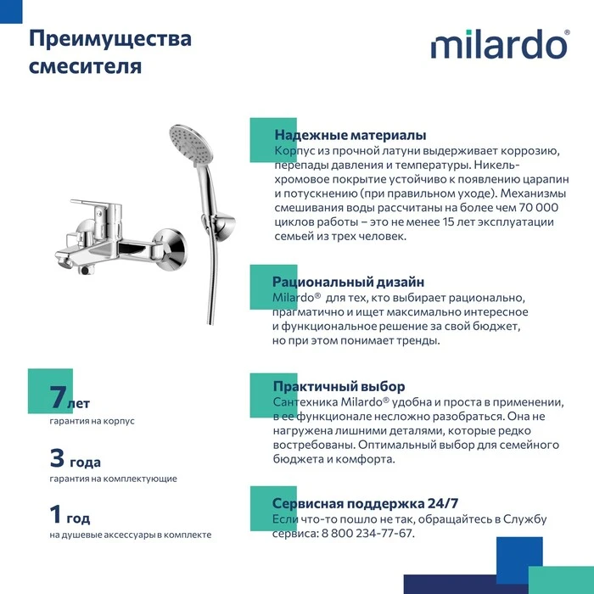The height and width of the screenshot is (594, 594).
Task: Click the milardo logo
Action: coord(500,44)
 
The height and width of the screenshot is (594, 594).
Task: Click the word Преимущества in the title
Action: coord(110,39)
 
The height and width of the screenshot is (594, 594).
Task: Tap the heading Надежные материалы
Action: coord(350,135)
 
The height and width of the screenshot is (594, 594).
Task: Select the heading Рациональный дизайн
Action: coord(348,282)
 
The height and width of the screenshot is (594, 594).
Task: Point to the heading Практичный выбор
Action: coord(339,386)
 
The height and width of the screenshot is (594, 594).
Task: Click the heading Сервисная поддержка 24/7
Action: coord(365,503)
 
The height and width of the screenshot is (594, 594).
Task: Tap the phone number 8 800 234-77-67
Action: coord(367,533)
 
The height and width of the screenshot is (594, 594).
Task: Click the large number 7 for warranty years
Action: coord(58,396)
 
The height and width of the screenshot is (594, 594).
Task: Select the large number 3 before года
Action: coord(57,457)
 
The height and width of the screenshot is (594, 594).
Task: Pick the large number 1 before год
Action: coord(55,513)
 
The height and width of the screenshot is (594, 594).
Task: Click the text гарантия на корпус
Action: coord(92,421)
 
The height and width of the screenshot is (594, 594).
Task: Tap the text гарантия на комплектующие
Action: coord(113,479)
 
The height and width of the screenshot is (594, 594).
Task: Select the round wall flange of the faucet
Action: coord(171,249)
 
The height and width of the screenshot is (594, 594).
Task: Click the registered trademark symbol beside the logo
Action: coord(567,32)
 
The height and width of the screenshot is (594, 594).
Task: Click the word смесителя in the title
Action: coord(85,66)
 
